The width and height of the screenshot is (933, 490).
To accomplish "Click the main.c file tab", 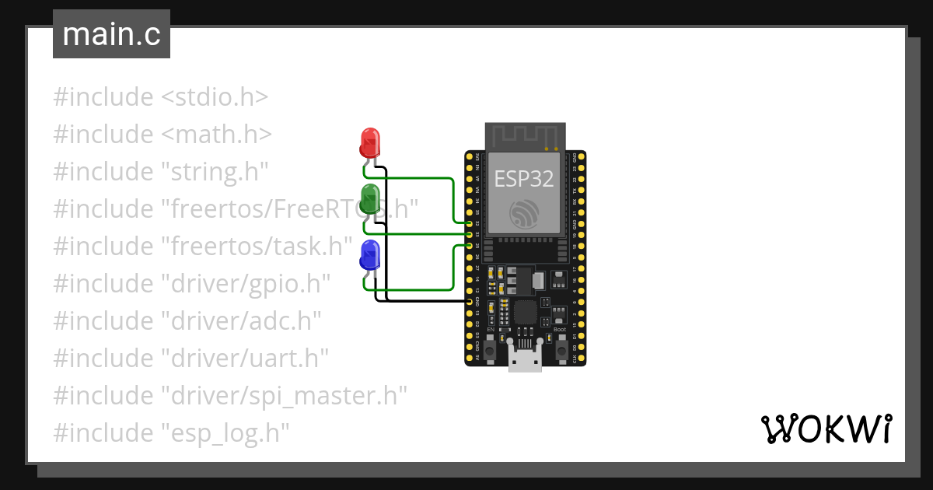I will (x=111, y=35).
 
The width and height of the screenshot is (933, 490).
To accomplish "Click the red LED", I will (x=370, y=142).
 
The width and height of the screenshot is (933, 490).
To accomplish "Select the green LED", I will (x=370, y=199).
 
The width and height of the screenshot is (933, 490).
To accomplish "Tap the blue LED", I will (x=370, y=255).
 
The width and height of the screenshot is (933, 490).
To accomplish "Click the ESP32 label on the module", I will (x=524, y=179).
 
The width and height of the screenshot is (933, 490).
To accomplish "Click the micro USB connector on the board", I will (x=525, y=359).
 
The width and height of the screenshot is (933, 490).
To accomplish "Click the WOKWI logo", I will (x=826, y=429).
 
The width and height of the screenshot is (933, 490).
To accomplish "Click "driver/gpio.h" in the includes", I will (x=246, y=284).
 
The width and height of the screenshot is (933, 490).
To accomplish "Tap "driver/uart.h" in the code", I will (x=245, y=359).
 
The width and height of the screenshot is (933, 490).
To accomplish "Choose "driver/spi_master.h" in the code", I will (x=284, y=396).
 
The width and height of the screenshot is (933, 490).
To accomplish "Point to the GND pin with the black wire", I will (x=470, y=300).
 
